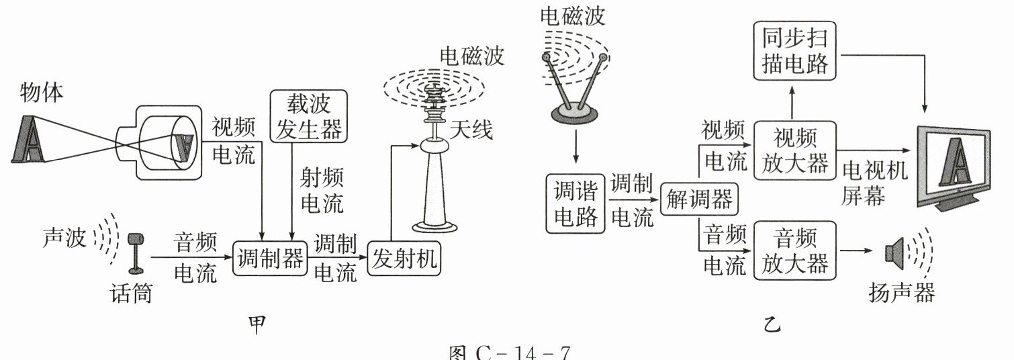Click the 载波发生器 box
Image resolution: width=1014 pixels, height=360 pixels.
pyautogui.click(x=309, y=115)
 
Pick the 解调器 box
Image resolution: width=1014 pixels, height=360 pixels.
pyautogui.click(x=698, y=199)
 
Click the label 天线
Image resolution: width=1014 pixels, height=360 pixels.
pyautogui.click(x=471, y=129)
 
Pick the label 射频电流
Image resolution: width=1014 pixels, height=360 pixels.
pyautogui.click(x=322, y=190)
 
